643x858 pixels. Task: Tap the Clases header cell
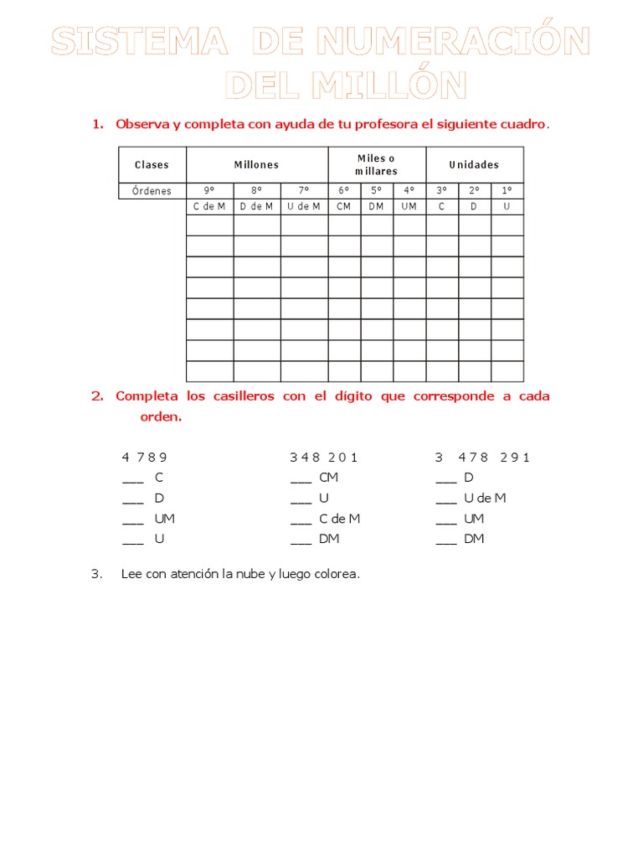152,165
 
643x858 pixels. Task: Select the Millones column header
256,165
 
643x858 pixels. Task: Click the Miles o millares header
377,165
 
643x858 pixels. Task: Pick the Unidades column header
474,165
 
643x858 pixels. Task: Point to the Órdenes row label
152,191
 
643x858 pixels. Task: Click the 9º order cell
209,191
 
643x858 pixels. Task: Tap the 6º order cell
344,191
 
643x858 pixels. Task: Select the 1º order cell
507,191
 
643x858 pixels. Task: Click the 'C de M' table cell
209,206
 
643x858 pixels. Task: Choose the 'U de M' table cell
304,206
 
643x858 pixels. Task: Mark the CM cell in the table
344,206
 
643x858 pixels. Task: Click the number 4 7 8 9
145,457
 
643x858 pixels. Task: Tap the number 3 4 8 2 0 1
324,457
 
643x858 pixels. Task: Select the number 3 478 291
483,457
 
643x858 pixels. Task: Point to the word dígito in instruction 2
351,396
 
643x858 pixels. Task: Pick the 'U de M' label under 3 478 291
485,498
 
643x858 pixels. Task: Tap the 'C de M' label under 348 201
339,519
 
